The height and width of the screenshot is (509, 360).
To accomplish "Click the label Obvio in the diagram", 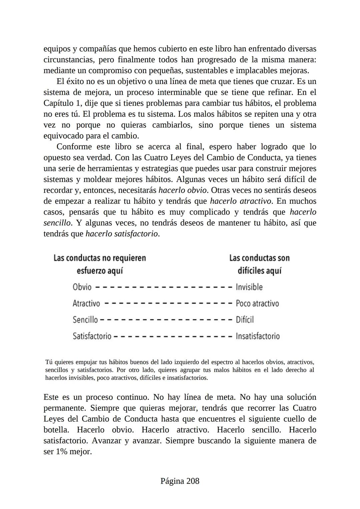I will pyautogui.click(x=82, y=287).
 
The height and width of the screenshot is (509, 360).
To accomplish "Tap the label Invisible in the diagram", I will pyautogui.click(x=249, y=287).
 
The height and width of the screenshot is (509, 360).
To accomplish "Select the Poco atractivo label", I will pyautogui.click(x=257, y=303).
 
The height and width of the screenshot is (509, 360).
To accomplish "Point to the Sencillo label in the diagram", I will pyautogui.click(x=85, y=320).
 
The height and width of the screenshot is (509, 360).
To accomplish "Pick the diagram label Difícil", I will pyautogui.click(x=245, y=320).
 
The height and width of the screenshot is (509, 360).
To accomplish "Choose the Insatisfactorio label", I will pyautogui.click(x=257, y=336).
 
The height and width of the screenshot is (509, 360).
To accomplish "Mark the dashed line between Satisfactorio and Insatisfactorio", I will pyautogui.click(x=173, y=336).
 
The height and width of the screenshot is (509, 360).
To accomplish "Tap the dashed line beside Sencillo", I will pyautogui.click(x=166, y=320).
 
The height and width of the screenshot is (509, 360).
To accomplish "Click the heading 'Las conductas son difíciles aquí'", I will pyautogui.click(x=259, y=264).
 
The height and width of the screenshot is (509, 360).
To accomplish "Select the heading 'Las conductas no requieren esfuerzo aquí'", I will pyautogui.click(x=100, y=264).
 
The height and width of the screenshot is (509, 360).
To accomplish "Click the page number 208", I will pyautogui.click(x=180, y=481).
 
